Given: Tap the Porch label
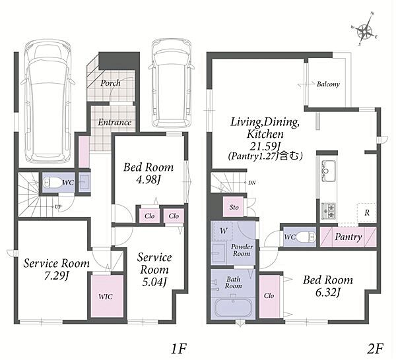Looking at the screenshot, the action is [110, 82].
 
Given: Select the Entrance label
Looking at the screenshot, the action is [114, 123].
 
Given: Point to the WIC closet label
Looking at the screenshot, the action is [106, 297].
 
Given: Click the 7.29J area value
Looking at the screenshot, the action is [56, 276].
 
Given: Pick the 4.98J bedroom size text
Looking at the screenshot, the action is [148, 180].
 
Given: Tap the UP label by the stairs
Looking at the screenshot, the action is [58, 207].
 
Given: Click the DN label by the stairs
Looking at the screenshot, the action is [252, 183].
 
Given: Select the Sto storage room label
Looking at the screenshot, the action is [234, 208].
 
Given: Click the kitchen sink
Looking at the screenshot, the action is [328, 171].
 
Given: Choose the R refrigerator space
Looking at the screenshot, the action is [367, 213].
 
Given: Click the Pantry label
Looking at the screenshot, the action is [348, 237].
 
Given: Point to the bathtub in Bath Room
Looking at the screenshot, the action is [234, 308].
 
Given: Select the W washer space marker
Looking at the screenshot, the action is [223, 231].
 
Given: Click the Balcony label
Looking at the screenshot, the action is [328, 84].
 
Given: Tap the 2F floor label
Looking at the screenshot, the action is [375, 349].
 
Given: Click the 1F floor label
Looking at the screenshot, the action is [178, 349].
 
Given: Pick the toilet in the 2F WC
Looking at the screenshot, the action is [306, 237].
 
